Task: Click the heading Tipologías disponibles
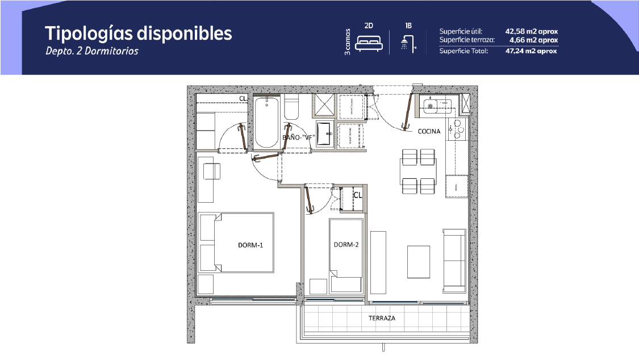[x=138, y=34]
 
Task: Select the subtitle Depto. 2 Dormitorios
[x=91, y=51]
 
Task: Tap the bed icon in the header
[x=369, y=43]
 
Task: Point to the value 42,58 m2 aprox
[x=532, y=31]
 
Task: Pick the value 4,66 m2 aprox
[x=533, y=40]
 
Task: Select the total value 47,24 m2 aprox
[x=531, y=51]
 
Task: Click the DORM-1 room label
[x=250, y=245]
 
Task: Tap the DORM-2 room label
[x=346, y=245]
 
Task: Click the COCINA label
[x=429, y=131]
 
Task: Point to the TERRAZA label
[x=382, y=318]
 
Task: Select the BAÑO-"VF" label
[x=299, y=137]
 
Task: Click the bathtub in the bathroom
[x=266, y=122]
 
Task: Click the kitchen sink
[x=431, y=106]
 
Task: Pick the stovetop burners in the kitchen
[x=457, y=129]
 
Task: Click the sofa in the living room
[x=454, y=261]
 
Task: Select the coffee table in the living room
[x=418, y=262]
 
